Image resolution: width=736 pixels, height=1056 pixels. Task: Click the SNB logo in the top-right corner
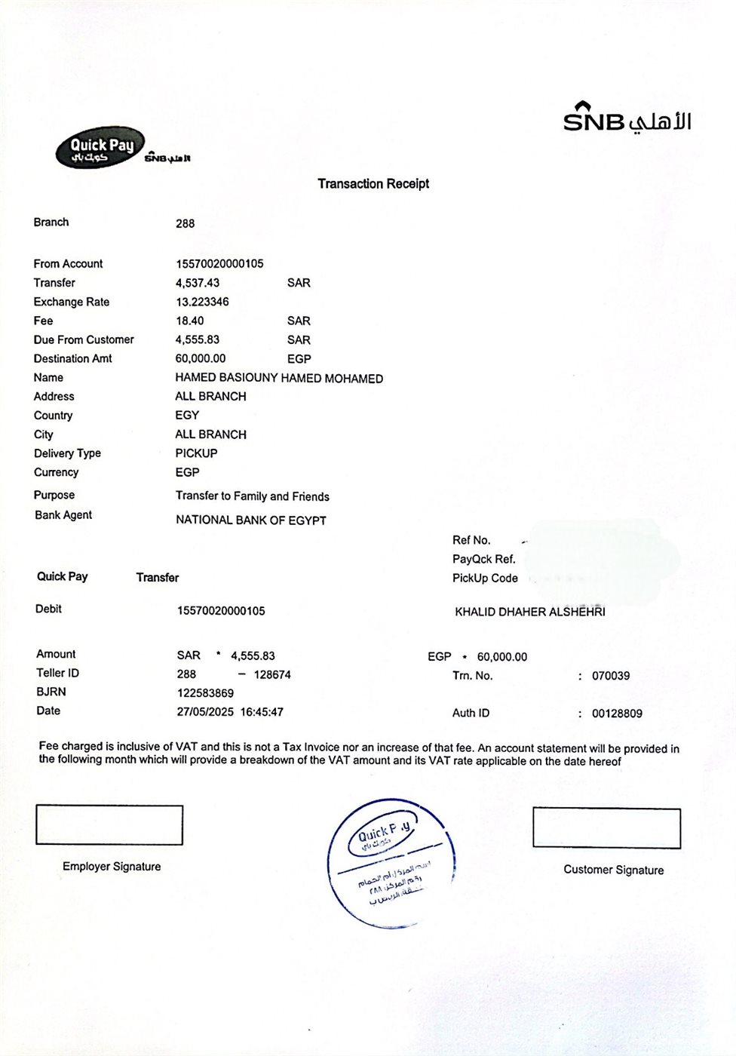pyautogui.click(x=627, y=118)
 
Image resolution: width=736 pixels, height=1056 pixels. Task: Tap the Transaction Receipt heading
pyautogui.click(x=373, y=183)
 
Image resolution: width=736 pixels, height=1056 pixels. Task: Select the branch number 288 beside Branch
pyautogui.click(x=185, y=223)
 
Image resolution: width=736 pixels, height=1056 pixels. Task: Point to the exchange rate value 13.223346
pyautogui.click(x=202, y=302)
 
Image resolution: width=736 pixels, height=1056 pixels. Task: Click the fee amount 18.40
pyautogui.click(x=189, y=321)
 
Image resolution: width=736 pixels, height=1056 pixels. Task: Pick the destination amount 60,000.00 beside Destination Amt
pyautogui.click(x=200, y=358)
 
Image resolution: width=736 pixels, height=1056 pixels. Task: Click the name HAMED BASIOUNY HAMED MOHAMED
pyautogui.click(x=279, y=378)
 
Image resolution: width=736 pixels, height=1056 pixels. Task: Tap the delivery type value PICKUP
pyautogui.click(x=196, y=453)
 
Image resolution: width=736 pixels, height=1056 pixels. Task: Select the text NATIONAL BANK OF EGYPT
pyautogui.click(x=251, y=520)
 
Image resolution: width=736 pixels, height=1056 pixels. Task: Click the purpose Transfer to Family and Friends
pyautogui.click(x=252, y=496)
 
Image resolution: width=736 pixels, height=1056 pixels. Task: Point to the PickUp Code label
pyautogui.click(x=485, y=578)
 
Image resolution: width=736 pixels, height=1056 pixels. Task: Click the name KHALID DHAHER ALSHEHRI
pyautogui.click(x=529, y=612)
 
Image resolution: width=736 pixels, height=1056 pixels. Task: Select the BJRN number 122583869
pyautogui.click(x=205, y=692)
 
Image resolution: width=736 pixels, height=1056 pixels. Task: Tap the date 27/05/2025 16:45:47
pyautogui.click(x=230, y=711)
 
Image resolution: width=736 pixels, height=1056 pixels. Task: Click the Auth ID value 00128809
pyautogui.click(x=617, y=714)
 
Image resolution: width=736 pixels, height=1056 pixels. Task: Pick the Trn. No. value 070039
pyautogui.click(x=611, y=676)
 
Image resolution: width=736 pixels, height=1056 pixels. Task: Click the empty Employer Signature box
pyautogui.click(x=109, y=825)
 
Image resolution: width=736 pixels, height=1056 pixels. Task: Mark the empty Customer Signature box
pyautogui.click(x=606, y=827)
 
